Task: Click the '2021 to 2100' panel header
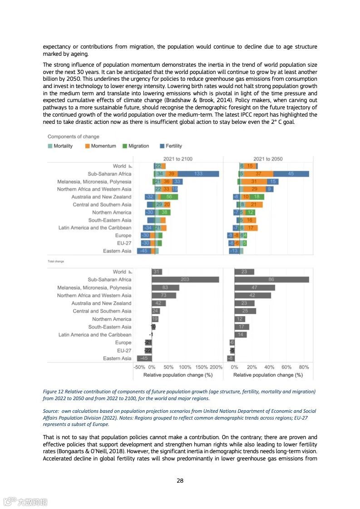tap(178, 159)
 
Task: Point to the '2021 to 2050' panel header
tap(268, 159)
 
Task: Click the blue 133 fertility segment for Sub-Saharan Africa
tap(198, 174)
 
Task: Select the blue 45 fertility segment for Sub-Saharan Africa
tap(291, 174)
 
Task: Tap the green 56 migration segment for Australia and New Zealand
tap(169, 197)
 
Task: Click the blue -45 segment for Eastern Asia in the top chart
tap(144, 251)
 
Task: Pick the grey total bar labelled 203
tap(185, 279)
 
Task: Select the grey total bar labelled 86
tap(271, 279)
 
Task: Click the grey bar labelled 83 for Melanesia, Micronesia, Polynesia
tap(165, 288)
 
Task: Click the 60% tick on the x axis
tap(286, 367)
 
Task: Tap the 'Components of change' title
tap(74, 137)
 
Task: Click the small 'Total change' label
tap(56, 261)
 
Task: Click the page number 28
tap(180, 481)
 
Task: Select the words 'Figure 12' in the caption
tap(54, 392)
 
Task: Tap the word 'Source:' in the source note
tap(51, 411)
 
